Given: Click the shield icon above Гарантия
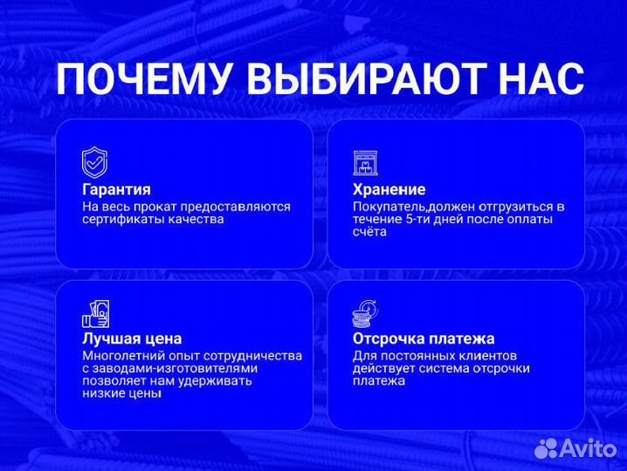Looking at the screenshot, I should click(94, 162).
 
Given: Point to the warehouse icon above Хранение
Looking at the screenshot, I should click(366, 162).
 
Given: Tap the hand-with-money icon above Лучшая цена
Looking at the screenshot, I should click(94, 312).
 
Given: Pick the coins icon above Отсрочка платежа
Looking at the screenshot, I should click(366, 312).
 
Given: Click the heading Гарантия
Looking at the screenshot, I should click(116, 189).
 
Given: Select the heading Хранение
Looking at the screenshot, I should click(389, 189).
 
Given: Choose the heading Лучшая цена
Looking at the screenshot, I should click(132, 338).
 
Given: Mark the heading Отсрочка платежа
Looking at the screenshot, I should click(424, 338).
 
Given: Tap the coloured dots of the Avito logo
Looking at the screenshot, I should click(547, 448).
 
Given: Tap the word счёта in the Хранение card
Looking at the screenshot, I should click(369, 232).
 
